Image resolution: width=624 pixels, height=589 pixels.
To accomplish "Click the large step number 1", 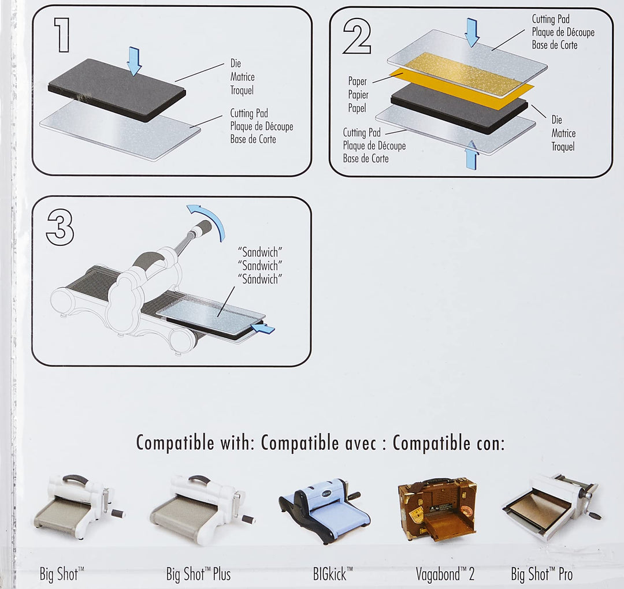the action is [x=62, y=35].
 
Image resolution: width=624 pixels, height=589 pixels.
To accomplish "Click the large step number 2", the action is [x=357, y=36].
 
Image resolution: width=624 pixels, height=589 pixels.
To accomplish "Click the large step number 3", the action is [x=60, y=228].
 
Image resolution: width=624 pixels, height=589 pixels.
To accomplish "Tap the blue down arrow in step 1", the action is [x=135, y=61].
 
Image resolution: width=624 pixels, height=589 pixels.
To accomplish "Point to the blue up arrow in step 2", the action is [x=471, y=155].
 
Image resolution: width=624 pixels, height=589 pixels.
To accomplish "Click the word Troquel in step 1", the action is [x=242, y=90].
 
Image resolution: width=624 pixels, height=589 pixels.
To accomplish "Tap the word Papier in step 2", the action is [x=358, y=95].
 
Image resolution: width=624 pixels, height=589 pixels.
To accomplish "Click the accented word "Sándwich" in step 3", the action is [x=260, y=279].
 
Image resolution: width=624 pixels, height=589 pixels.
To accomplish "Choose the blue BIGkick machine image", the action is [x=325, y=509].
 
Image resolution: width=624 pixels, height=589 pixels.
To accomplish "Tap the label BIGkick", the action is [x=333, y=575].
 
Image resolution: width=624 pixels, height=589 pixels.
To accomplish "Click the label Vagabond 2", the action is [x=445, y=575].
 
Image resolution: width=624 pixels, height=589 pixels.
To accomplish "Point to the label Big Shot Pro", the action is [x=541, y=575].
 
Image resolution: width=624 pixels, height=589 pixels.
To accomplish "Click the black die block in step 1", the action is [x=117, y=90].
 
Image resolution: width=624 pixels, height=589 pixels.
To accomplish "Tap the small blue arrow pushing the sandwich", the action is [x=263, y=329].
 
